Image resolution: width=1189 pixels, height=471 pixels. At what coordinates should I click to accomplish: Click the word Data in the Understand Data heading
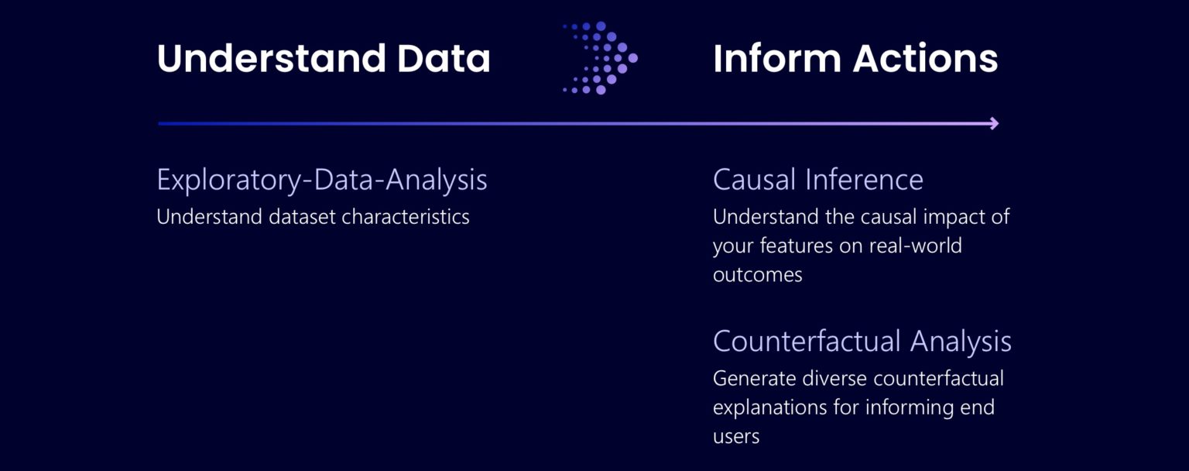click(444, 59)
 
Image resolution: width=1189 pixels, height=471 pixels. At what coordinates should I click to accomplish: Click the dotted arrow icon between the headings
click(601, 58)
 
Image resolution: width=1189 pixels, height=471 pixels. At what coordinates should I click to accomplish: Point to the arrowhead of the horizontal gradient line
click(994, 123)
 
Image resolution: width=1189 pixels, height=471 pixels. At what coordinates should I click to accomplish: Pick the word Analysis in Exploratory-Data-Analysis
click(437, 180)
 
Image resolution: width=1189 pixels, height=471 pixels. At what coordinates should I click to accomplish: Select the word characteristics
click(406, 216)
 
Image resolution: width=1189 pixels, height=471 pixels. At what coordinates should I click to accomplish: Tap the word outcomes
click(757, 275)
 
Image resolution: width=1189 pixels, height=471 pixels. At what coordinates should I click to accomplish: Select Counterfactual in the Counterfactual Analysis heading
click(807, 341)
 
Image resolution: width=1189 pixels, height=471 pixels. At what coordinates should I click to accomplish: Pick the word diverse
click(832, 378)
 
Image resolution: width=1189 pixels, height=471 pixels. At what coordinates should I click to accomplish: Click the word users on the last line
click(735, 437)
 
